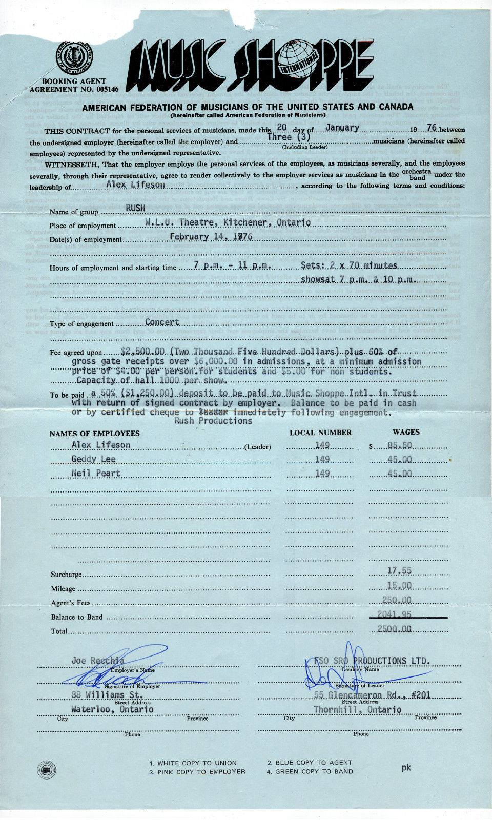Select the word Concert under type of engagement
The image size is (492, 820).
point(162,322)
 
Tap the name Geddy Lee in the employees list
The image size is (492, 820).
point(94,459)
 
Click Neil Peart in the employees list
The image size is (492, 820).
point(96,473)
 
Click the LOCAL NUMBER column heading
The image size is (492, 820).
point(320,432)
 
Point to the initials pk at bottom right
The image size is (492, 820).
point(406,768)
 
